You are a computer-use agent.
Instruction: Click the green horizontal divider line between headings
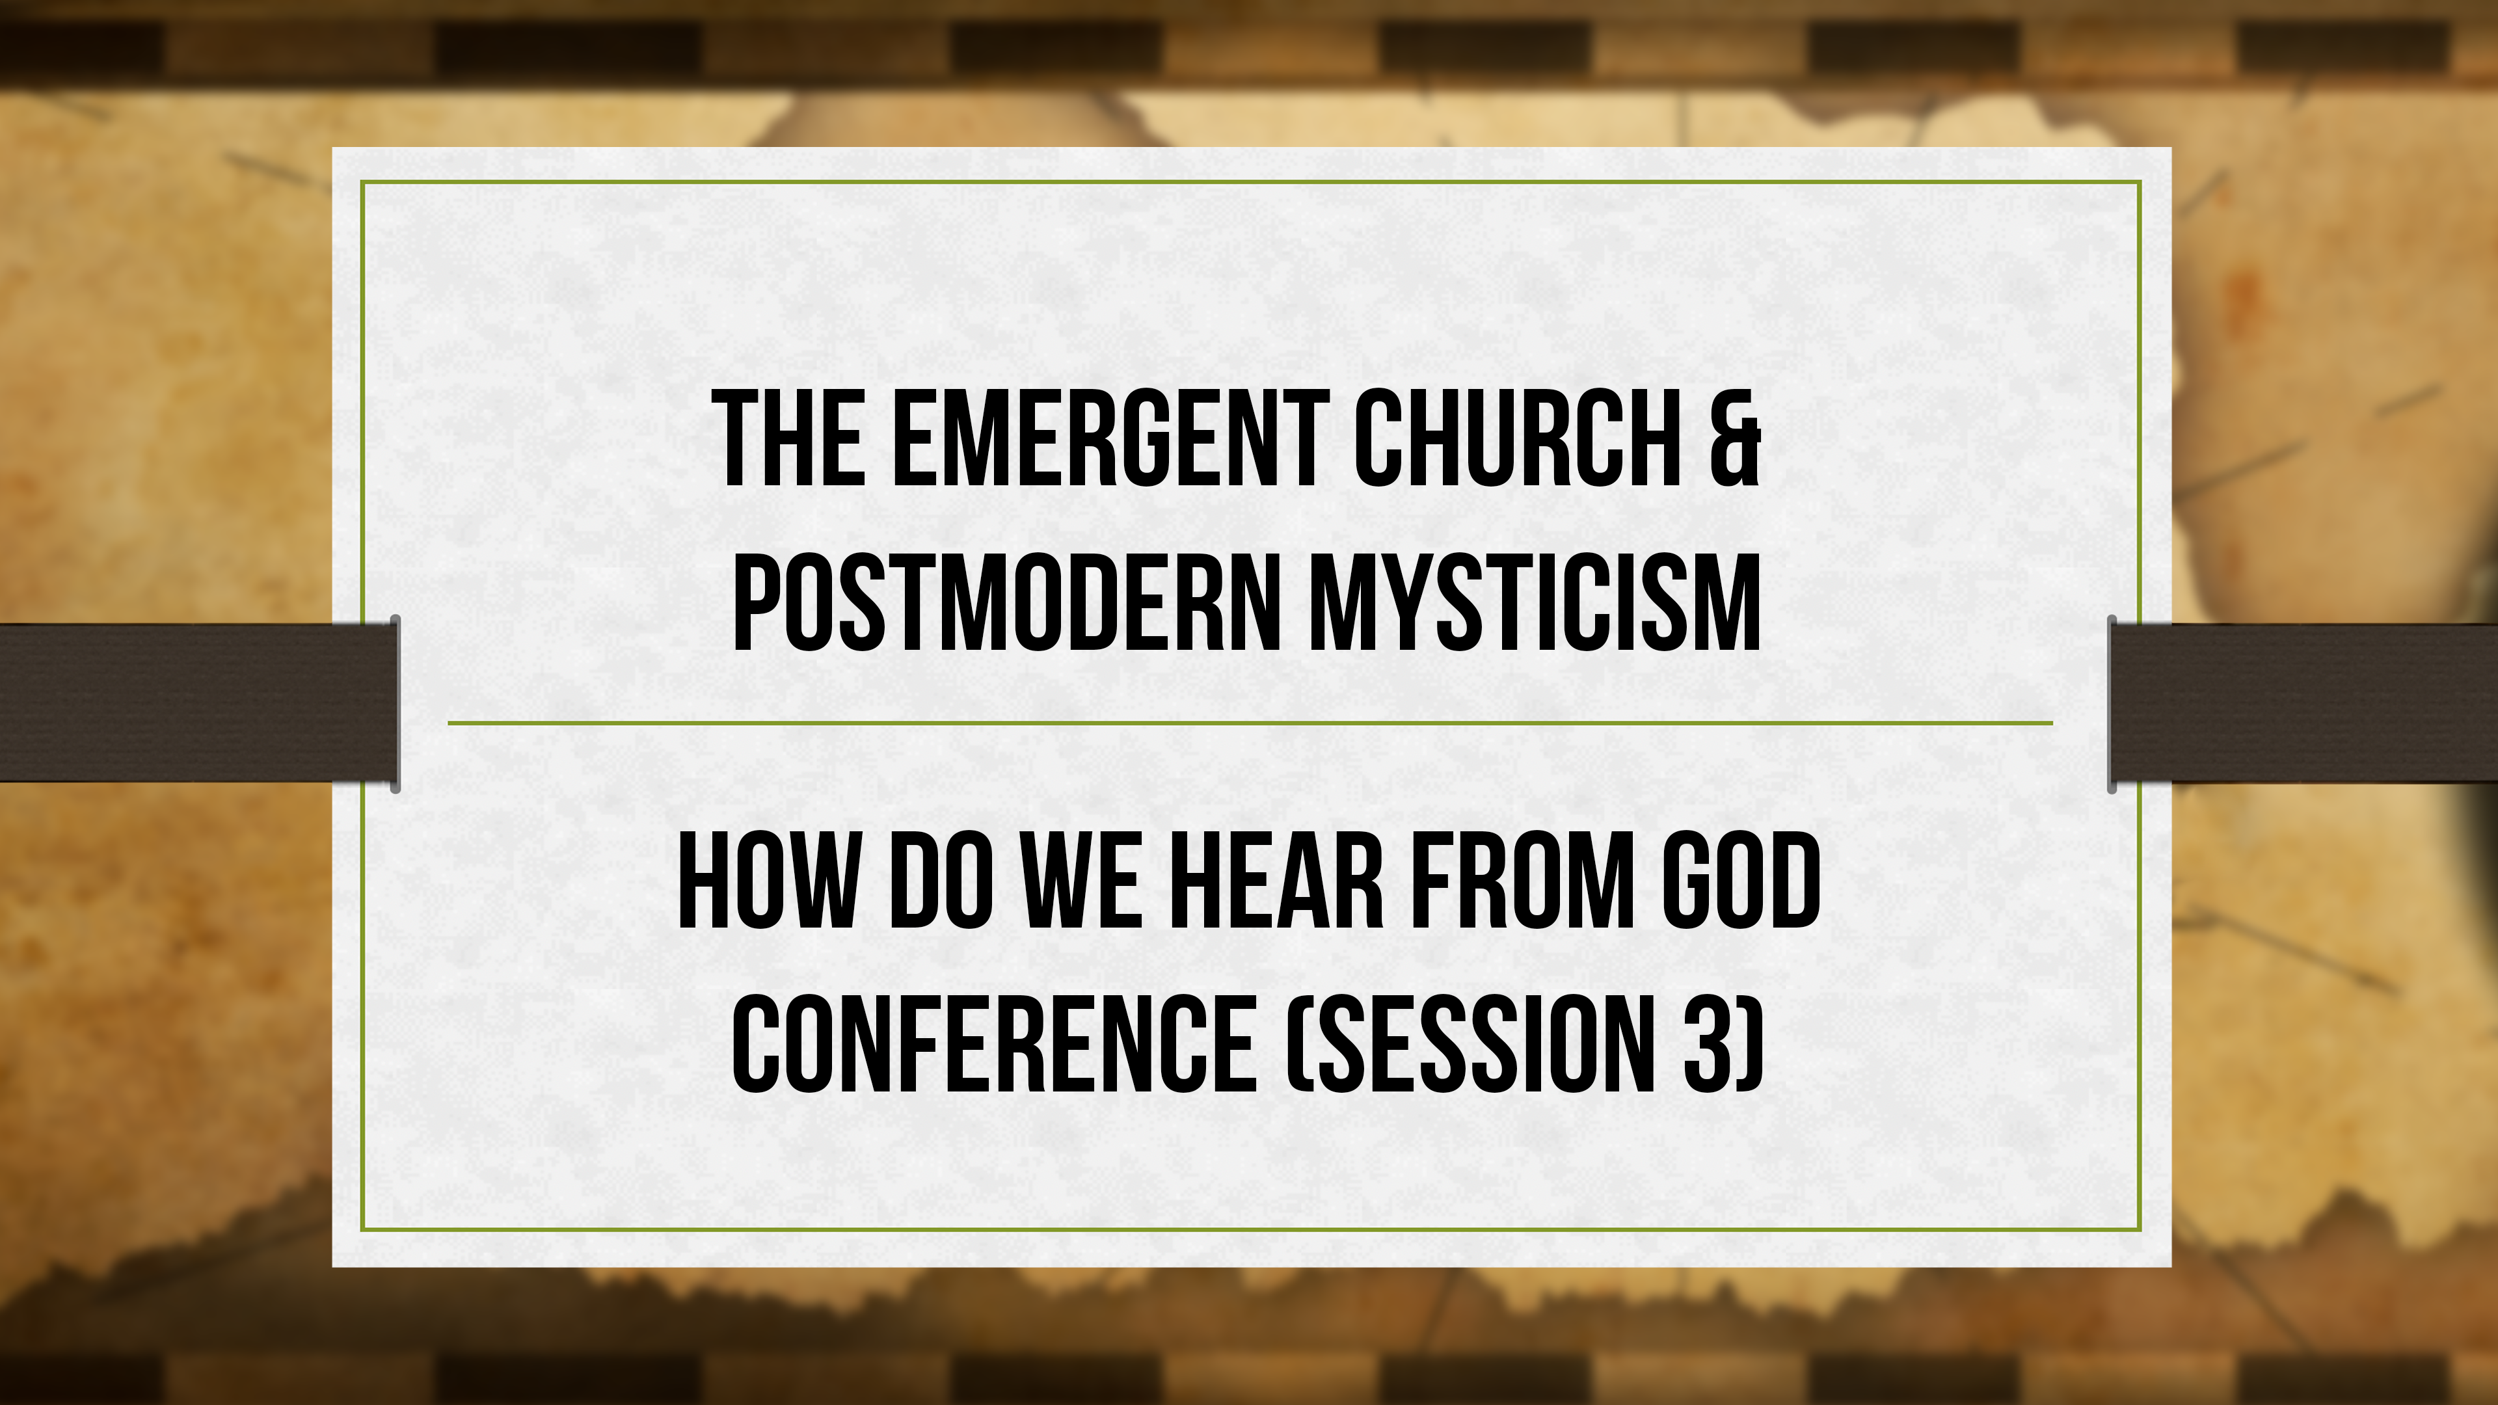[x=1249, y=723]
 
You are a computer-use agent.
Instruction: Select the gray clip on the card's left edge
[x=396, y=703]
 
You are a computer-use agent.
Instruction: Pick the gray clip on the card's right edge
[x=2112, y=703]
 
